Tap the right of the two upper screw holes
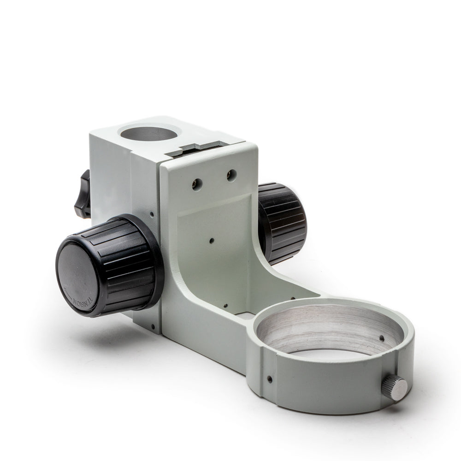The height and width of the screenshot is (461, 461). [x=231, y=175]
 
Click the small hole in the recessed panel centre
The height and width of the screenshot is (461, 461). [x=211, y=240]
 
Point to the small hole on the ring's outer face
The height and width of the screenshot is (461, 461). [x=269, y=379]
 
